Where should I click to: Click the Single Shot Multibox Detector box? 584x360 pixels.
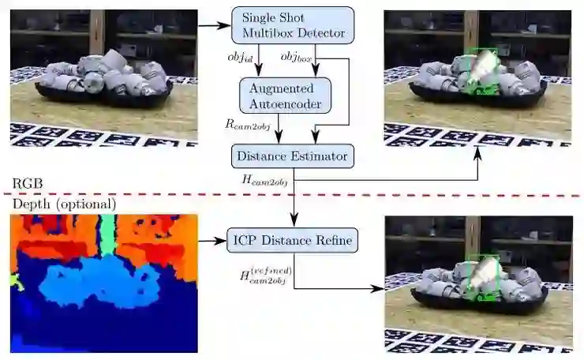tap(293, 25)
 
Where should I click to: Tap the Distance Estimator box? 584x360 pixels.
tap(293, 156)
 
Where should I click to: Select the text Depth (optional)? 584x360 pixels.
tap(63, 204)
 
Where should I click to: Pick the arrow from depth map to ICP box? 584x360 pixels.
tap(211, 238)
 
